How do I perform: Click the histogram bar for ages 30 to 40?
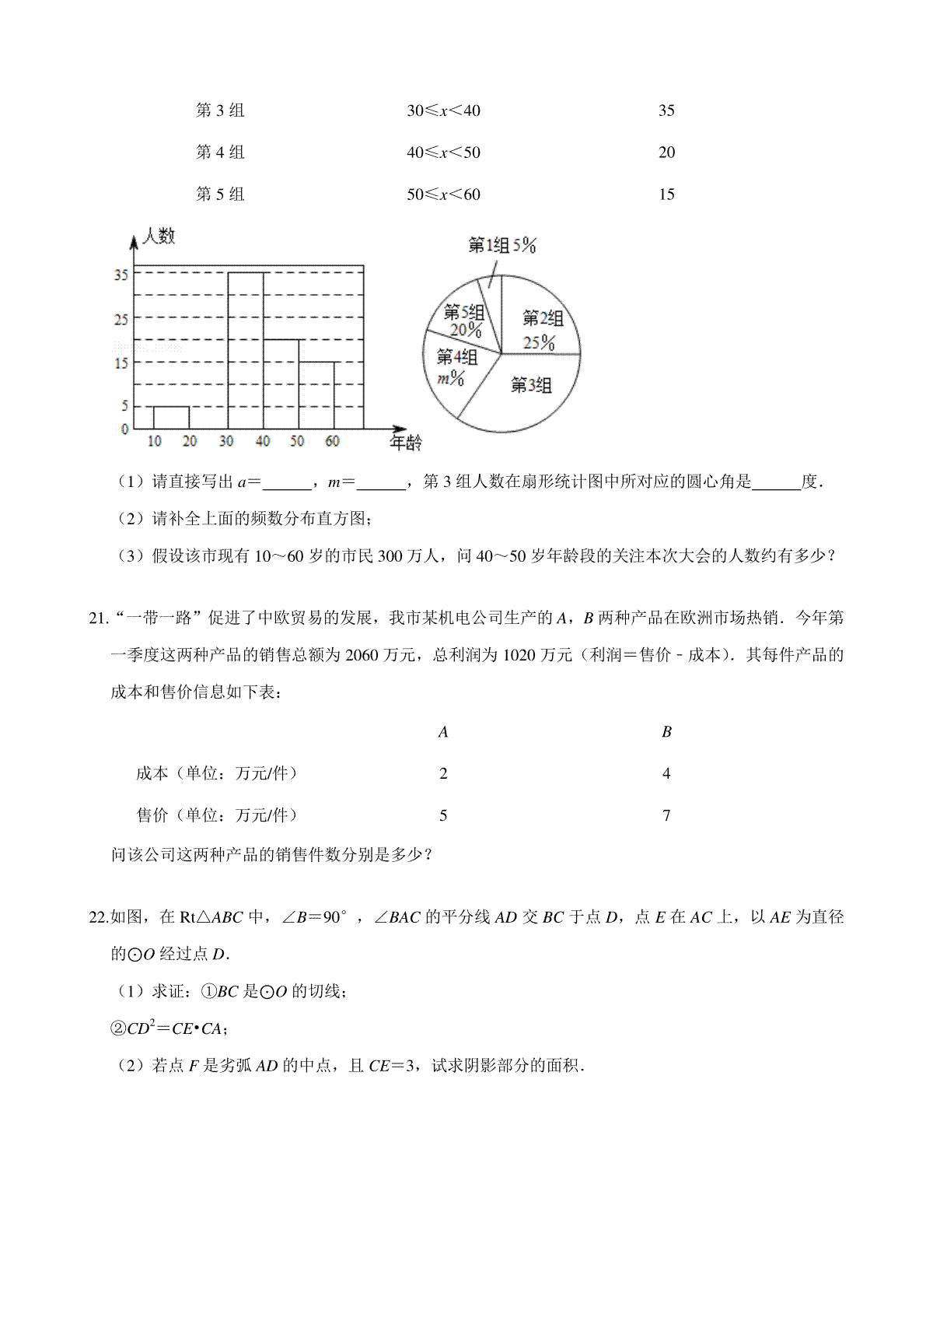[x=245, y=350]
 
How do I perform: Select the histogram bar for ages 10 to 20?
[x=171, y=418]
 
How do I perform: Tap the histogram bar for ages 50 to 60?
[x=316, y=395]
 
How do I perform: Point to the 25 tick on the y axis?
[x=121, y=320]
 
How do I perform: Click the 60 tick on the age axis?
[x=333, y=442]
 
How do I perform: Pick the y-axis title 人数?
[x=159, y=236]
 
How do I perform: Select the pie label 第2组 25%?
[x=542, y=330]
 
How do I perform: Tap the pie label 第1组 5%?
[x=502, y=246]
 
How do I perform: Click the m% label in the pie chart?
[x=450, y=379]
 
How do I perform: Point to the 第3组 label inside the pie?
[x=531, y=385]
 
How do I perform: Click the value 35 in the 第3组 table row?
[x=666, y=110]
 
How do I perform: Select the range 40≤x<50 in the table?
[x=443, y=152]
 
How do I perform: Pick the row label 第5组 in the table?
[x=220, y=194]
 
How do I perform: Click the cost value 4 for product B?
[x=666, y=773]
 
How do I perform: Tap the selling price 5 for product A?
[x=443, y=815]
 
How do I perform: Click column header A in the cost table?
[x=443, y=731]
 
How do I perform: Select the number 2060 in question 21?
[x=362, y=655]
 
